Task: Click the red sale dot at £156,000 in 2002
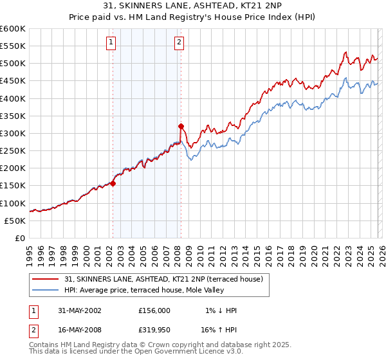click(x=113, y=183)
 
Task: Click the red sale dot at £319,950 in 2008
click(x=181, y=126)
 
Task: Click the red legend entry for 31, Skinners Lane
click(x=163, y=279)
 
